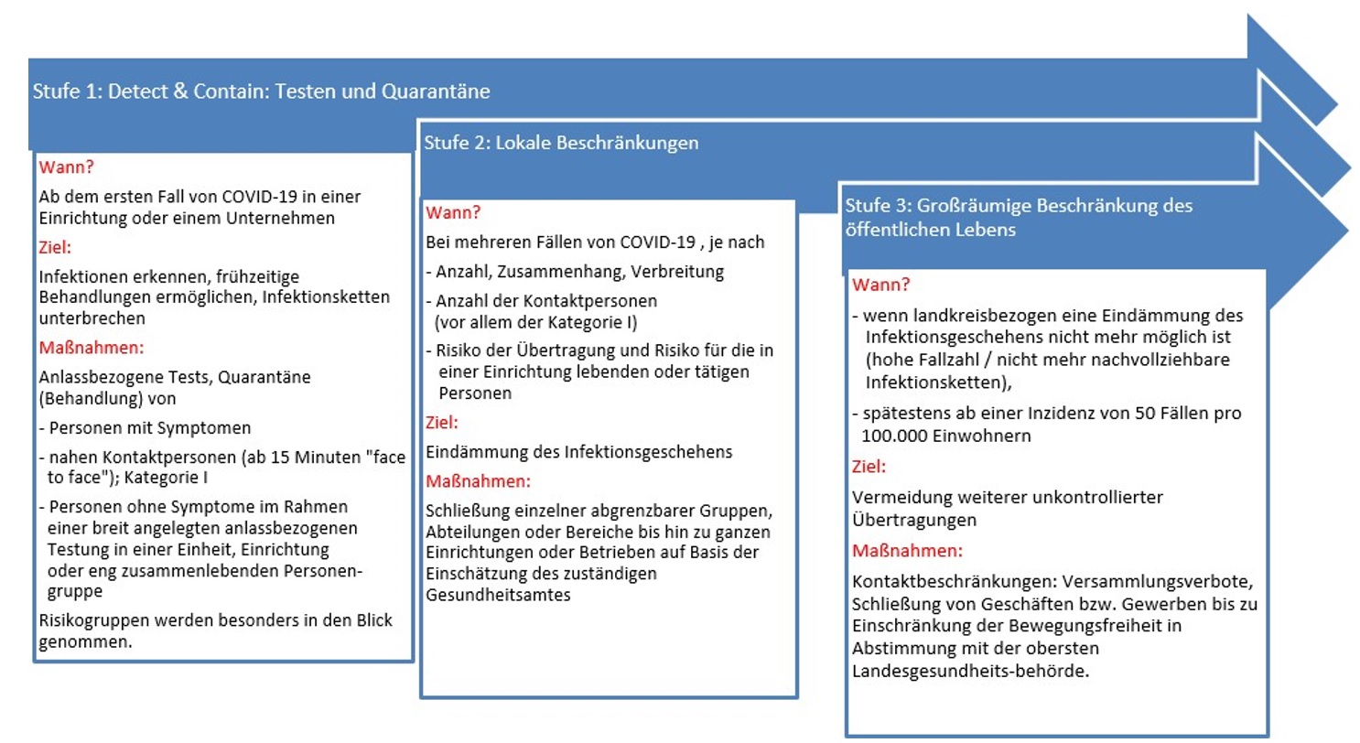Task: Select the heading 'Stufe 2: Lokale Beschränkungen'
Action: coord(561,144)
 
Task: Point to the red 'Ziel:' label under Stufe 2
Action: coord(442,424)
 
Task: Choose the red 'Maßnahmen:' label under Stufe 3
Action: coord(907,551)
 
